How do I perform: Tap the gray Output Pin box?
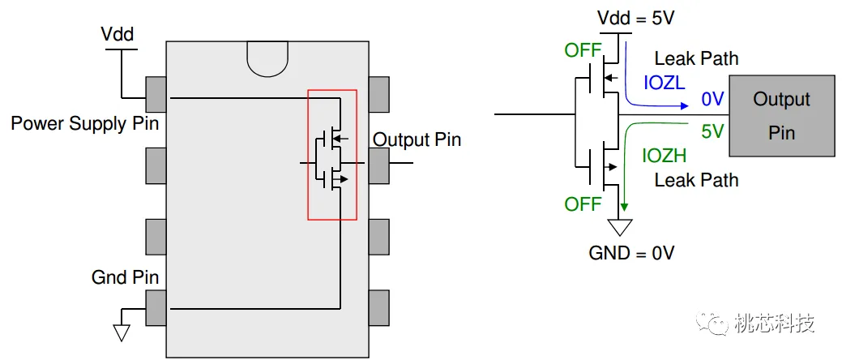click(781, 115)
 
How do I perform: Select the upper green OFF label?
click(583, 51)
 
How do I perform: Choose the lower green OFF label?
click(583, 204)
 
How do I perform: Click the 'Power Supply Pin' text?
click(85, 124)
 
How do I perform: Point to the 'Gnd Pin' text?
click(125, 278)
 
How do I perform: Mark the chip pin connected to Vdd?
click(156, 94)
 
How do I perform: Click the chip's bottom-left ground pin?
click(156, 308)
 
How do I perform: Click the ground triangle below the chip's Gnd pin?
click(122, 332)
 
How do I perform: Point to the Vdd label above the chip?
click(118, 35)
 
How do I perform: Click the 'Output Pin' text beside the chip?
click(417, 139)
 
